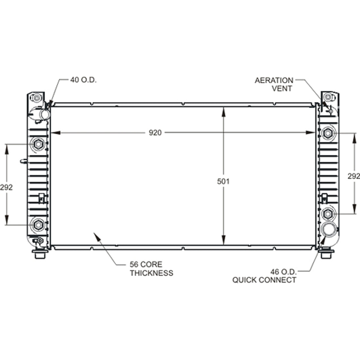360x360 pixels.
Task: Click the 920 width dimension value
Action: pos(155,133)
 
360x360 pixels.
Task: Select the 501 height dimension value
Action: pos(223,181)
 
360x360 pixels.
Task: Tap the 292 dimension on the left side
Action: pos(6,187)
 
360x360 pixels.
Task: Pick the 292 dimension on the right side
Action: pos(353,176)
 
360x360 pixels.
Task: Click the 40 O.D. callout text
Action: pos(83,80)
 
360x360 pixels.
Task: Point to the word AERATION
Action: pos(274,81)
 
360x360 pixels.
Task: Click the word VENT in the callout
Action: pos(282,88)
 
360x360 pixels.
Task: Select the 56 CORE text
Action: pos(146,264)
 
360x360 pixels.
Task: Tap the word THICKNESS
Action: pos(152,273)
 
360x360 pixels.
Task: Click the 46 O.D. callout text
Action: pos(283,272)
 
